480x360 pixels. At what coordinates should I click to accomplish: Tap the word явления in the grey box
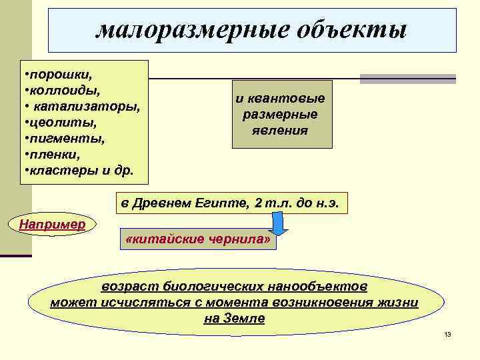(x=280, y=130)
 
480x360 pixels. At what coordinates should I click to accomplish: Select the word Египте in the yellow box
(x=221, y=203)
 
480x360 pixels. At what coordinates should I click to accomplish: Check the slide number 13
(x=447, y=334)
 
